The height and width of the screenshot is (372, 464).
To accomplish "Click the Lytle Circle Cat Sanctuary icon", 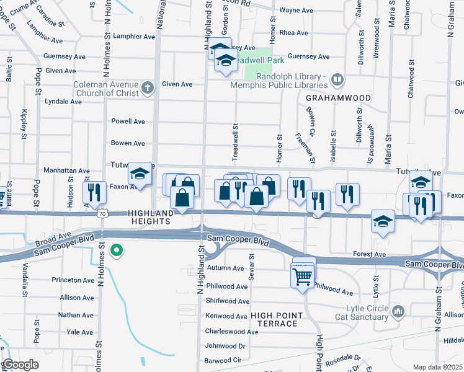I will point(398,309).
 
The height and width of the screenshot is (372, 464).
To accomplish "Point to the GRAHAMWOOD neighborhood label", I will point(338,98).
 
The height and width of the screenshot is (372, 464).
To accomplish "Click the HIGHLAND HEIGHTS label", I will point(151,213).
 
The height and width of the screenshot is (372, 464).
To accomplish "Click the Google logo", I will point(20,364).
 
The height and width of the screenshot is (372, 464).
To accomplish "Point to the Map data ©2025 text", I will point(437,367).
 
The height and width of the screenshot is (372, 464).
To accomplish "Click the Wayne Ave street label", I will point(296,11).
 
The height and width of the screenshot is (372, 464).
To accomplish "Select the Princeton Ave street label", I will point(72,280).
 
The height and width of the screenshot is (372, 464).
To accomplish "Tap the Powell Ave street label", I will point(128,122).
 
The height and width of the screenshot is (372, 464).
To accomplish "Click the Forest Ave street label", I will point(370,254).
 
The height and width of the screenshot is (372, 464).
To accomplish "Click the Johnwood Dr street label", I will point(225,346).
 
